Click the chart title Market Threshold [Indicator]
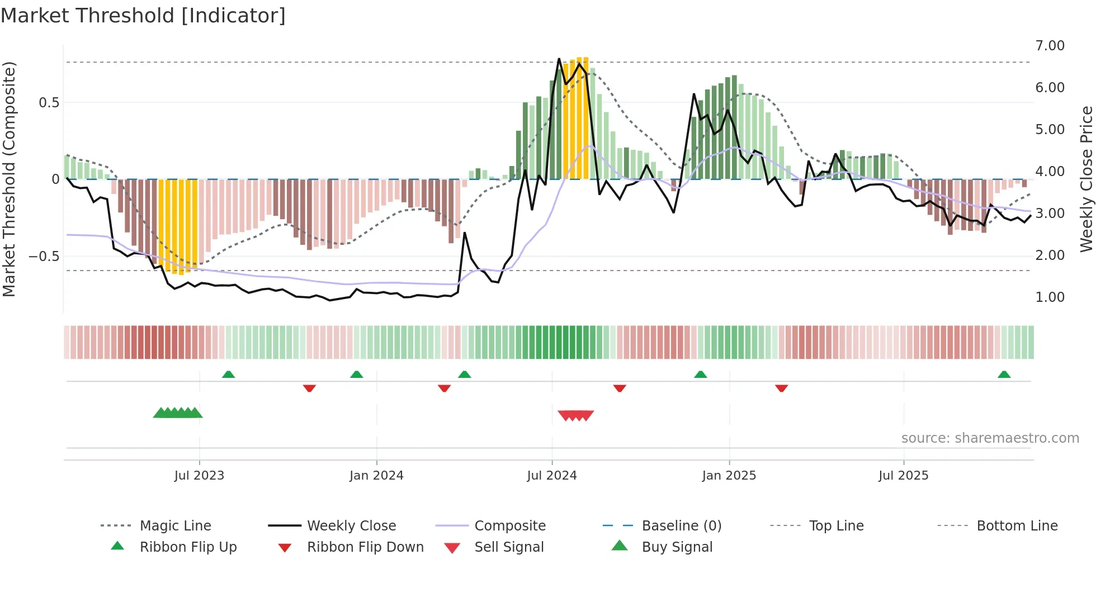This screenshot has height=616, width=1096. point(143,16)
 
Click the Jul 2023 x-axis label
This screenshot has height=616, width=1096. point(199,476)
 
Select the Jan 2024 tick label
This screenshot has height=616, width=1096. point(376,476)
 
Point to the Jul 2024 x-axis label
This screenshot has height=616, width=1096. point(552,476)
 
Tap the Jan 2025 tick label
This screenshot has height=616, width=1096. point(729,476)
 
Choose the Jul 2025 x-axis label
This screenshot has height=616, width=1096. point(904,476)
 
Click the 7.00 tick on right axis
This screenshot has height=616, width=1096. point(1050,46)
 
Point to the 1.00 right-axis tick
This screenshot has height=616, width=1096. point(1050,297)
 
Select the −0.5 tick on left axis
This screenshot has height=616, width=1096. point(44,257)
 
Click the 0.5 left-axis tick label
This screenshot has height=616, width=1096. point(49,103)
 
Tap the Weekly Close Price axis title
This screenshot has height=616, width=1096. point(1086,179)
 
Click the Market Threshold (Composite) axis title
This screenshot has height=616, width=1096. point(9,179)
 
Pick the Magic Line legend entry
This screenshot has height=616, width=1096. point(175,526)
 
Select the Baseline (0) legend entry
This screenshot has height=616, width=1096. point(681,526)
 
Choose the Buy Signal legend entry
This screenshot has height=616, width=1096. point(677,547)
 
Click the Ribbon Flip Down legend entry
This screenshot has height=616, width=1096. point(365,547)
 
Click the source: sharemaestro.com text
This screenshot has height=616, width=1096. point(990,438)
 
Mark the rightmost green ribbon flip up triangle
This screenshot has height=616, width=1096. point(1004,375)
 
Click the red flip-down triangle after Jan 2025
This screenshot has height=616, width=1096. point(781,388)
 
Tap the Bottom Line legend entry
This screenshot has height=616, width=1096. point(1017,526)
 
